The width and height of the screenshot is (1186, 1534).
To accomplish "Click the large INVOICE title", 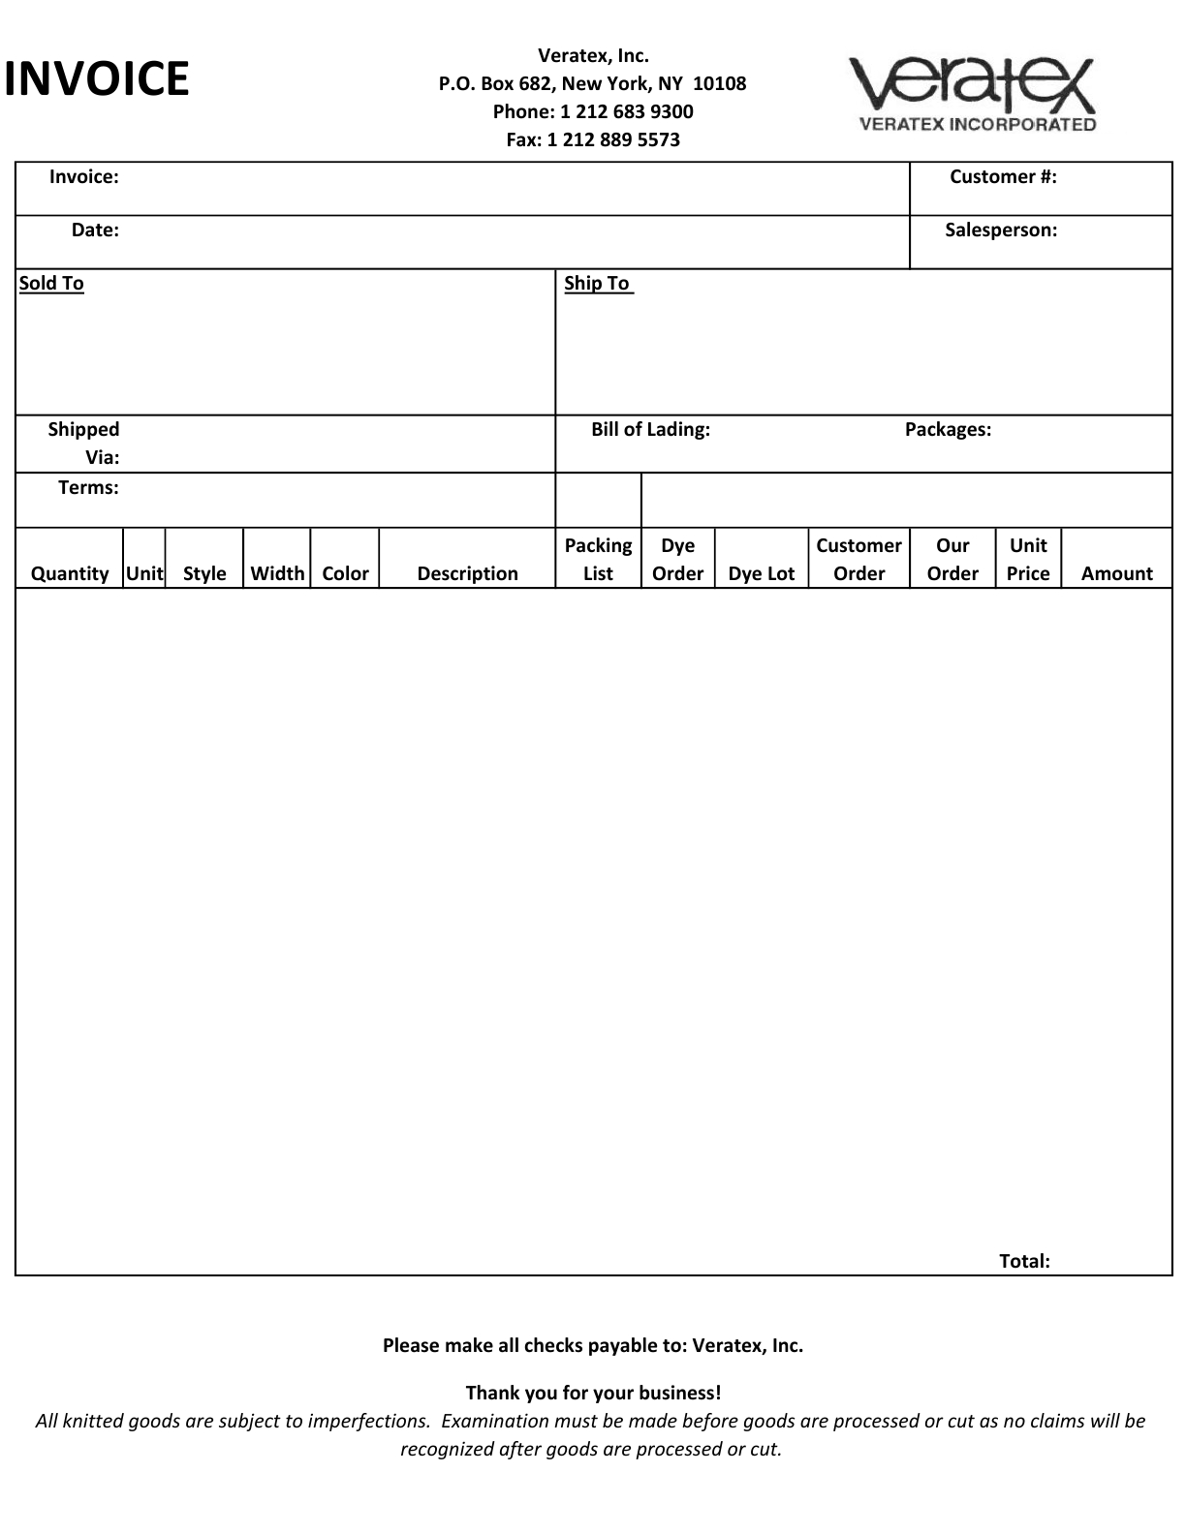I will [96, 79].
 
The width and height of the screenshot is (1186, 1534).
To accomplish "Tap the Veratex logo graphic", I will [972, 93].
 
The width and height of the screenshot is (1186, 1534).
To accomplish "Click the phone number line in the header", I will [592, 111].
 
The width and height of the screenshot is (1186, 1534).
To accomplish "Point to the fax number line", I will [592, 139].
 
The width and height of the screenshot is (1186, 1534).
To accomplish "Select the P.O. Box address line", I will [592, 83].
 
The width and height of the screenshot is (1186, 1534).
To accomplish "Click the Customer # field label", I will [1002, 176].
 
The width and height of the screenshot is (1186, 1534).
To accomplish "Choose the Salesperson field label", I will [1000, 230].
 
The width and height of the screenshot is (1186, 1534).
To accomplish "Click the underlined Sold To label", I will [51, 284].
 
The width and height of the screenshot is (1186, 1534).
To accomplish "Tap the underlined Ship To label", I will [598, 284].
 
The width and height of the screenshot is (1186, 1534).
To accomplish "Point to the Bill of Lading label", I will [650, 430].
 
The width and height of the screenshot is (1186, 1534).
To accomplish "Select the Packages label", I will [947, 430].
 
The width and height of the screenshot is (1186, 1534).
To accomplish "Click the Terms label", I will [88, 488].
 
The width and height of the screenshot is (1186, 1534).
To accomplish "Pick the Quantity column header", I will [70, 573].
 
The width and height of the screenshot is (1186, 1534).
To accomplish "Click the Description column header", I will [467, 573].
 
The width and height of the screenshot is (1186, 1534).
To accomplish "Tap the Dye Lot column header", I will [761, 573].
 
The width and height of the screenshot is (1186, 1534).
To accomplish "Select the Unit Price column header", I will [1027, 559].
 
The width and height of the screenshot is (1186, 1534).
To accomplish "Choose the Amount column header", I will [1116, 573].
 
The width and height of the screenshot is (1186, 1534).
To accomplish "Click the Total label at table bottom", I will [1024, 1261].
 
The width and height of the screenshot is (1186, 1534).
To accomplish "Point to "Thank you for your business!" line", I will [593, 1393].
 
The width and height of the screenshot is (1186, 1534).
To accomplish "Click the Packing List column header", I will [598, 559].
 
